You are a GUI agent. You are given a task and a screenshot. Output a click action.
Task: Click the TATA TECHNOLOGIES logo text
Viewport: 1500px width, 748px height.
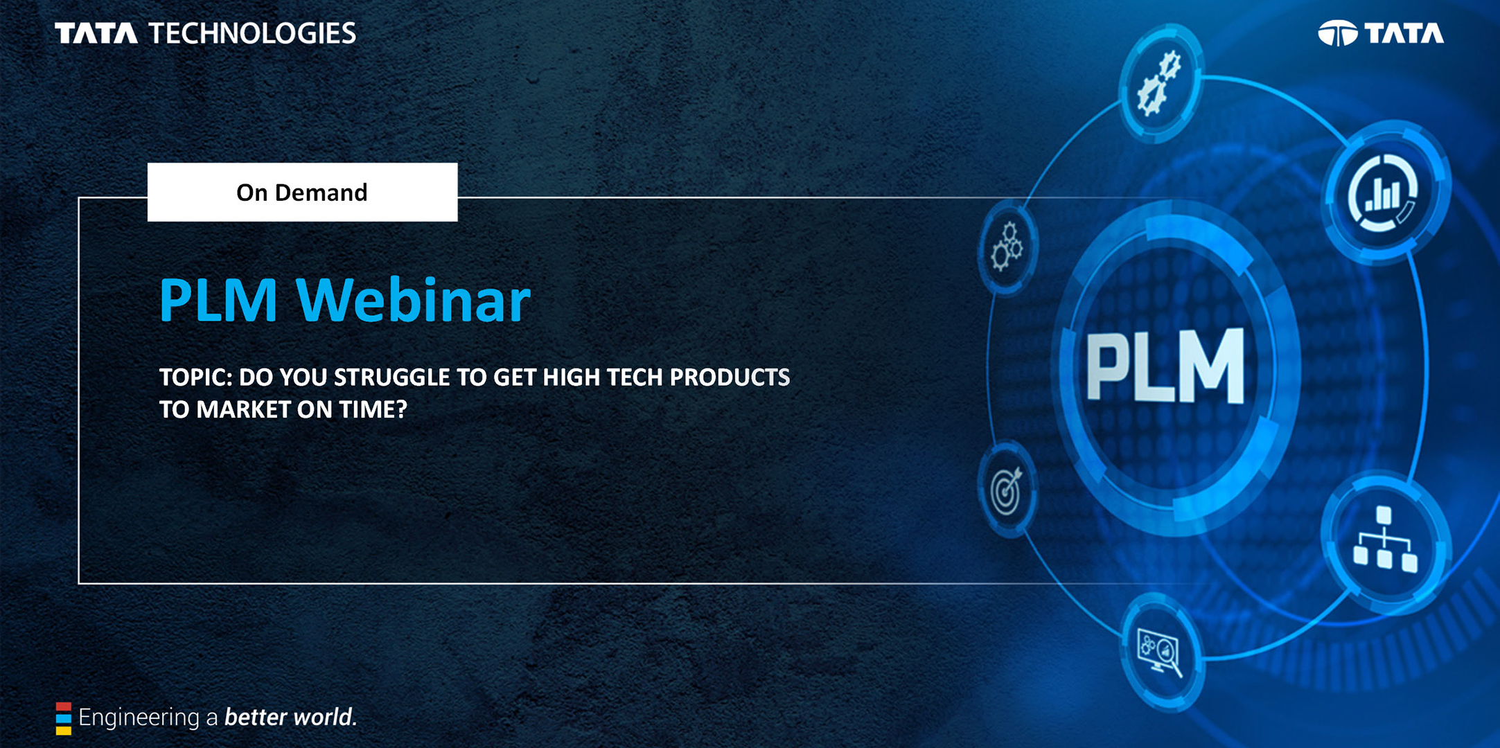205,33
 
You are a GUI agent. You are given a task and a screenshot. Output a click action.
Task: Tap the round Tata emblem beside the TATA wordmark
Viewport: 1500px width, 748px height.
1337,33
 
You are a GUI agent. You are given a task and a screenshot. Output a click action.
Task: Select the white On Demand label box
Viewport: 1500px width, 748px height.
302,192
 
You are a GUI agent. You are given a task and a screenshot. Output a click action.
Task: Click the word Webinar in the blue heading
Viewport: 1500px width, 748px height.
414,301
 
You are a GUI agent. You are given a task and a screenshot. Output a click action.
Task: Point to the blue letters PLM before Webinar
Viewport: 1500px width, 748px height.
218,301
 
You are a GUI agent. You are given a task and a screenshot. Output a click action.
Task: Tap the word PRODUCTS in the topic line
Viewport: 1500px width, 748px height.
730,377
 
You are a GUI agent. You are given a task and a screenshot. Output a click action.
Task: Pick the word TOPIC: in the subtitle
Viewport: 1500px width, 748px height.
195,377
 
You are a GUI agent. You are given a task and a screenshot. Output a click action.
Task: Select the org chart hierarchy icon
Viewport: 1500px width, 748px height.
1384,540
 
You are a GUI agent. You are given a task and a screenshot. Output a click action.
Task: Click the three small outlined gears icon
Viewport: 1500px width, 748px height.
1007,247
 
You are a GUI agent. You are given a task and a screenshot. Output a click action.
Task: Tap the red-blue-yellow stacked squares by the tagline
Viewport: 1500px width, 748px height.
64,718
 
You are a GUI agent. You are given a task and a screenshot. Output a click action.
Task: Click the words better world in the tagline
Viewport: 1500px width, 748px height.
291,718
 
